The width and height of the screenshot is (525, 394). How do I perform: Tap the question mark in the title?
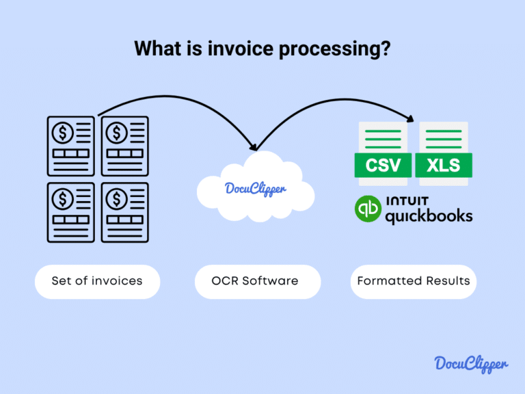[386, 49]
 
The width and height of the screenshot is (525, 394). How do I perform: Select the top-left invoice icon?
[71, 146]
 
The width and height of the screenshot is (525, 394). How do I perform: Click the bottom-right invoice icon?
[125, 211]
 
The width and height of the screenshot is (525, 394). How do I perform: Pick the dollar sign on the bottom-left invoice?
[64, 198]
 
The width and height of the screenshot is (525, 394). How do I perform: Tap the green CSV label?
[383, 165]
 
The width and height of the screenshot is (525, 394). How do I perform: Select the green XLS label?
[442, 165]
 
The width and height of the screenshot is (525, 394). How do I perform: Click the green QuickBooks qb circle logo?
[369, 209]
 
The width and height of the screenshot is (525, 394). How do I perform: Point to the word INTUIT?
[407, 201]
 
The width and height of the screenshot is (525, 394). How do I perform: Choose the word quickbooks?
[428, 216]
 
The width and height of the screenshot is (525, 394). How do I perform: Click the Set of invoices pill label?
[97, 281]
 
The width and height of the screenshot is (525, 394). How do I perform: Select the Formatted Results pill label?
[413, 281]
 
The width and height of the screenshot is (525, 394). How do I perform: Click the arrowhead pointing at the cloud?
[254, 146]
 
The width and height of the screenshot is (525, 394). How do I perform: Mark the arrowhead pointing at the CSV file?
[411, 118]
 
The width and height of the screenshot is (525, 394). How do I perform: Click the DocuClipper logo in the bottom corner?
[471, 364]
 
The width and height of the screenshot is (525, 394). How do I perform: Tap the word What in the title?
[156, 49]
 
